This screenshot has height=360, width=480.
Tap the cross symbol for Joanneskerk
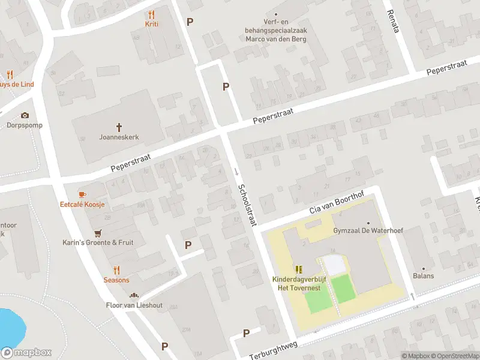(119, 127)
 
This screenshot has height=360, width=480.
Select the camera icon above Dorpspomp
(25, 115)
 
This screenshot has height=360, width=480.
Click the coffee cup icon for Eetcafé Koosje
(82, 194)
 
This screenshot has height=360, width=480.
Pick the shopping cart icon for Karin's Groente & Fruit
(98, 233)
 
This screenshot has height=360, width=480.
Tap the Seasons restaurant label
(116, 280)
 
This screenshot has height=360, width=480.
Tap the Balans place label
(423, 276)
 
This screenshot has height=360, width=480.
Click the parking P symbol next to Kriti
(190, 22)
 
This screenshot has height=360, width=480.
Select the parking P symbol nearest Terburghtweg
(246, 333)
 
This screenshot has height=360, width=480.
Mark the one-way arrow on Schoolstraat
(236, 172)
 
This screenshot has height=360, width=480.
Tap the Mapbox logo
(26, 353)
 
